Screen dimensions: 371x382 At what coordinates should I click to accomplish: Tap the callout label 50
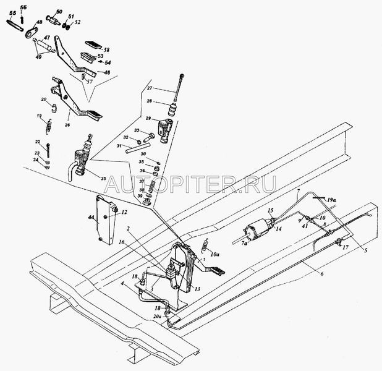click(x=59, y=12)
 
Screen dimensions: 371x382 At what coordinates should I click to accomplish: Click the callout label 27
click(x=149, y=89)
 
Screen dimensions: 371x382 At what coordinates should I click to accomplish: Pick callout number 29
click(x=148, y=117)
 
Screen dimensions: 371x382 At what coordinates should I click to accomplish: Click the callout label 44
click(x=91, y=219)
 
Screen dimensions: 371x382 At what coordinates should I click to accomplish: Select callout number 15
click(x=270, y=211)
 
